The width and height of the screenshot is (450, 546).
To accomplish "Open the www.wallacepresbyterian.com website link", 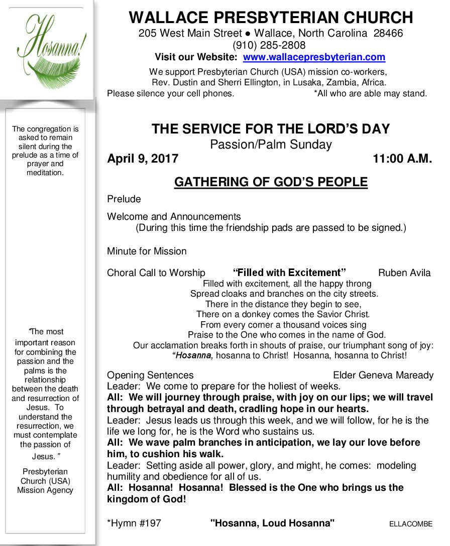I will coord(314,57).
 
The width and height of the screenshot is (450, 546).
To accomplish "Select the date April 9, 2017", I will coord(143,159).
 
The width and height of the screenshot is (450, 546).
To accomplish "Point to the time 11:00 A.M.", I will coord(402,159).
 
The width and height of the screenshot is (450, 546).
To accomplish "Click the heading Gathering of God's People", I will coord(271,182).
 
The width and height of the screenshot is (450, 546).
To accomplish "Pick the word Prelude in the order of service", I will coord(124,199).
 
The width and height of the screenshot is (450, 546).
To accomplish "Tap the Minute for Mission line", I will coord(147,251).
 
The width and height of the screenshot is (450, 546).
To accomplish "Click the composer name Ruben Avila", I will coord(404,273).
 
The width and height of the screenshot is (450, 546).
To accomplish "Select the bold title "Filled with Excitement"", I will coord(289,273).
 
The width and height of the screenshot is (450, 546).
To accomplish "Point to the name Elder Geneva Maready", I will coord(383,375).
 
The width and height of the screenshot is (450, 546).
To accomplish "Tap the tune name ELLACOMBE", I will coord(410,524).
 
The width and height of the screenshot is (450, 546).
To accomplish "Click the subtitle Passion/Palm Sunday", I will coord(271,145).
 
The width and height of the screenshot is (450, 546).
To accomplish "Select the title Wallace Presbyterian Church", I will coord(271,18).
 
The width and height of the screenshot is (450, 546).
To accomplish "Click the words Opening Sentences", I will coord(150,375).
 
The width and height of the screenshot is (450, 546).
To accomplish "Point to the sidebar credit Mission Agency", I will coord(45,490).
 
